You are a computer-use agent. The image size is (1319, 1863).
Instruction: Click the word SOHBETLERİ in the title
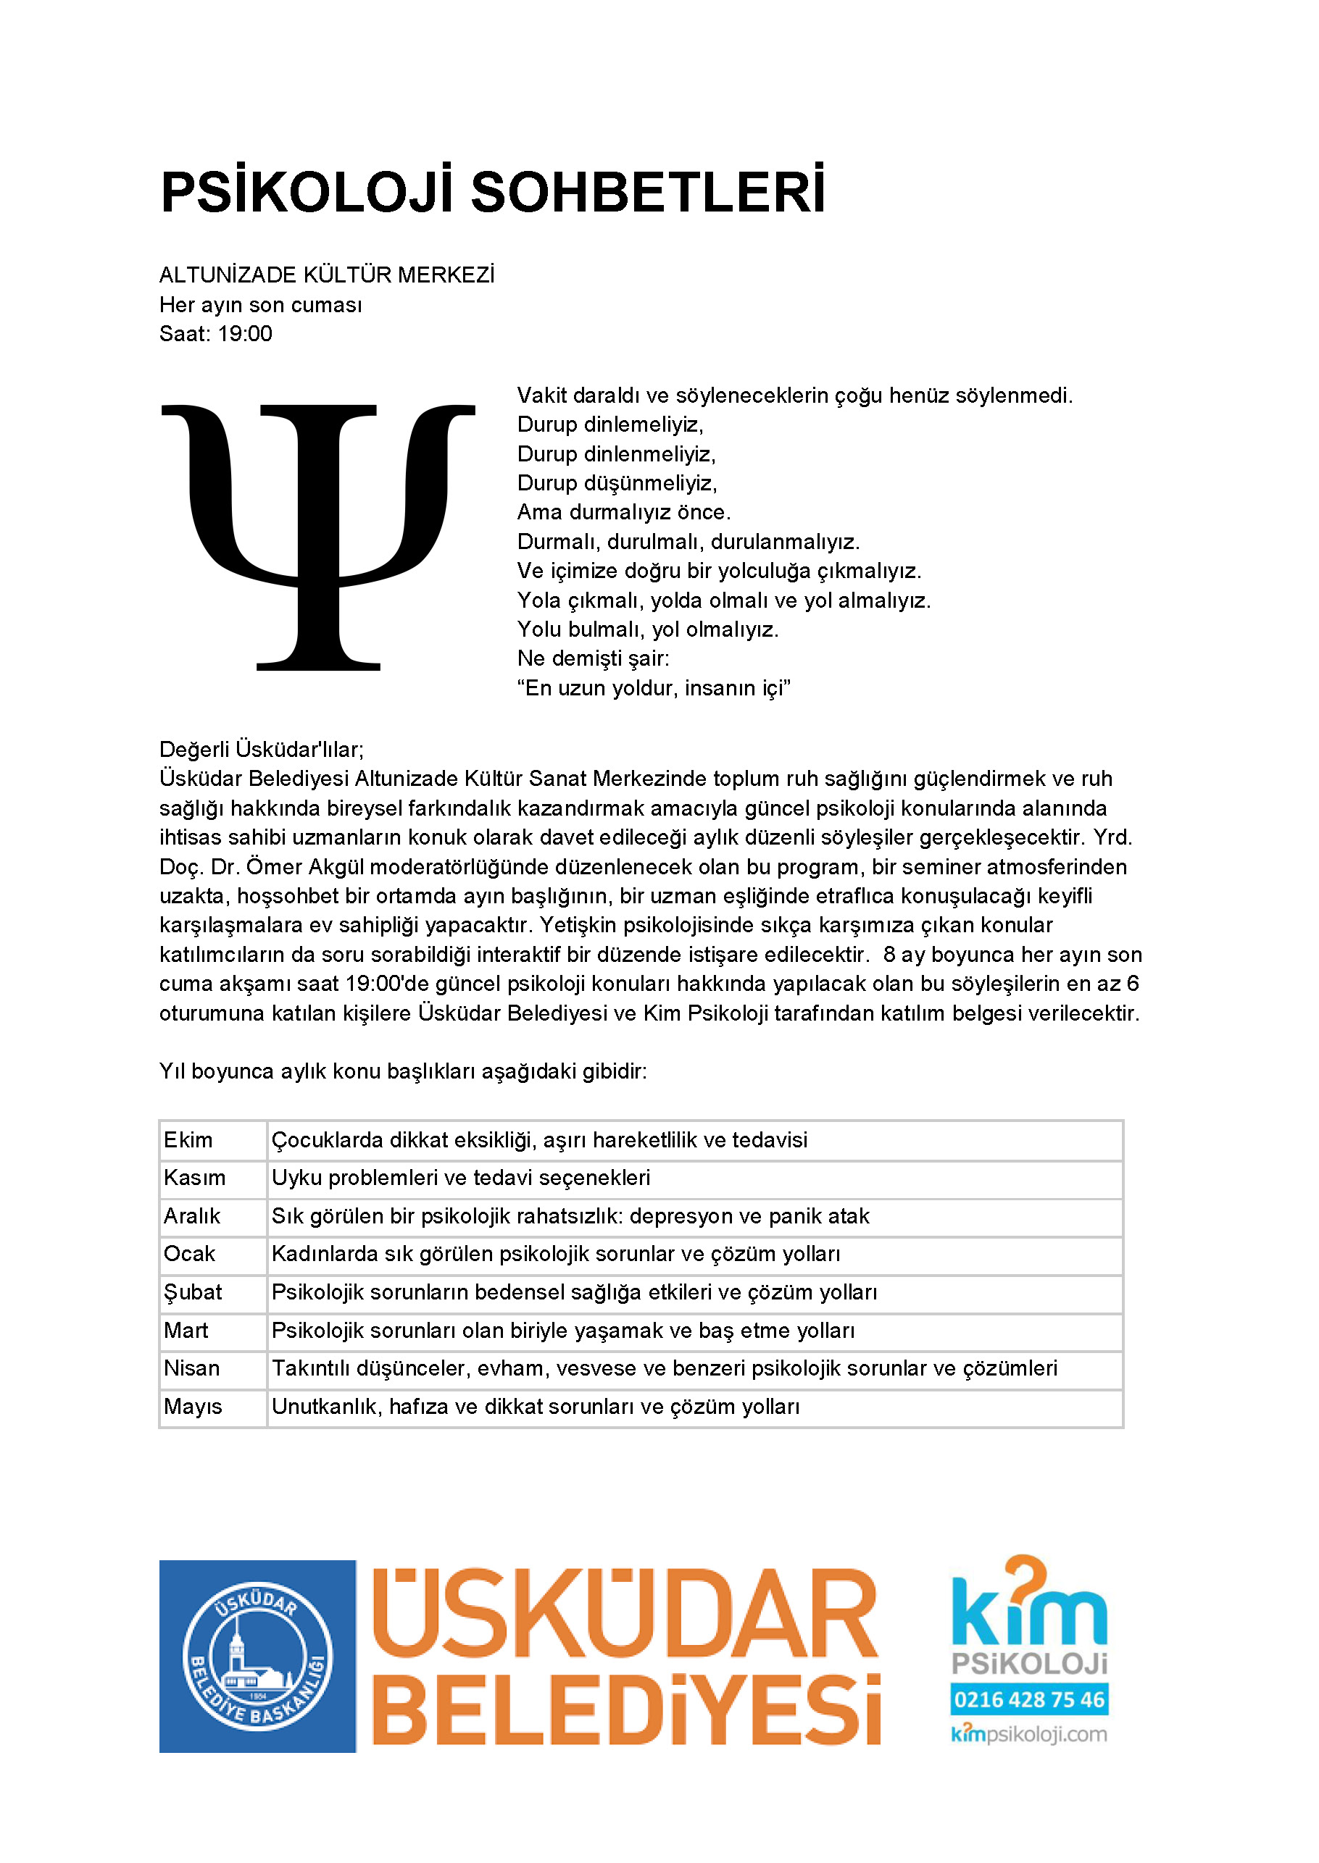[x=647, y=193]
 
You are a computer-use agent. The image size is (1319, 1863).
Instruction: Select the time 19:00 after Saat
[x=244, y=334]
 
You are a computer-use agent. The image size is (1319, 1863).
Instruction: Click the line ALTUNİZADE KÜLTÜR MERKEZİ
[x=327, y=275]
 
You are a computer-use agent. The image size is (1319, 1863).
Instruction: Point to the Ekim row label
[x=188, y=1139]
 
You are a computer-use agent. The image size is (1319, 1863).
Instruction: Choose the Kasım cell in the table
[x=194, y=1178]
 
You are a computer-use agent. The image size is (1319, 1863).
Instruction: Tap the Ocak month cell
[x=189, y=1254]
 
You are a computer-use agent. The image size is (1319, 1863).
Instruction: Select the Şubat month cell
[x=193, y=1292]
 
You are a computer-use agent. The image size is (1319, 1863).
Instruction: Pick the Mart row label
[x=186, y=1331]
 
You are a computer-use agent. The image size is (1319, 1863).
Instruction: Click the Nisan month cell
[x=191, y=1368]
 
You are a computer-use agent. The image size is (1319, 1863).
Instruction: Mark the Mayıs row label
[x=193, y=1407]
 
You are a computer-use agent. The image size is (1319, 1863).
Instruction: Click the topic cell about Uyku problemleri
[x=460, y=1178]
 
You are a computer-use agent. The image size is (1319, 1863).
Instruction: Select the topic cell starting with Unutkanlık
[x=536, y=1407]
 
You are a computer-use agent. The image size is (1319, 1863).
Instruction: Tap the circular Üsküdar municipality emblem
[x=257, y=1657]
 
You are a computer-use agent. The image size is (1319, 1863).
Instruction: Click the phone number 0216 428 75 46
[x=1029, y=1700]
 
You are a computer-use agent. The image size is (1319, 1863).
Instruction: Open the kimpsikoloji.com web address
[x=1029, y=1735]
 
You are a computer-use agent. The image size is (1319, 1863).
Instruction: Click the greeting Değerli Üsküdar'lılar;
[x=262, y=749]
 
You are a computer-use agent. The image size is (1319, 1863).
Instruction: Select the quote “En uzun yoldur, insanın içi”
[x=654, y=688]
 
